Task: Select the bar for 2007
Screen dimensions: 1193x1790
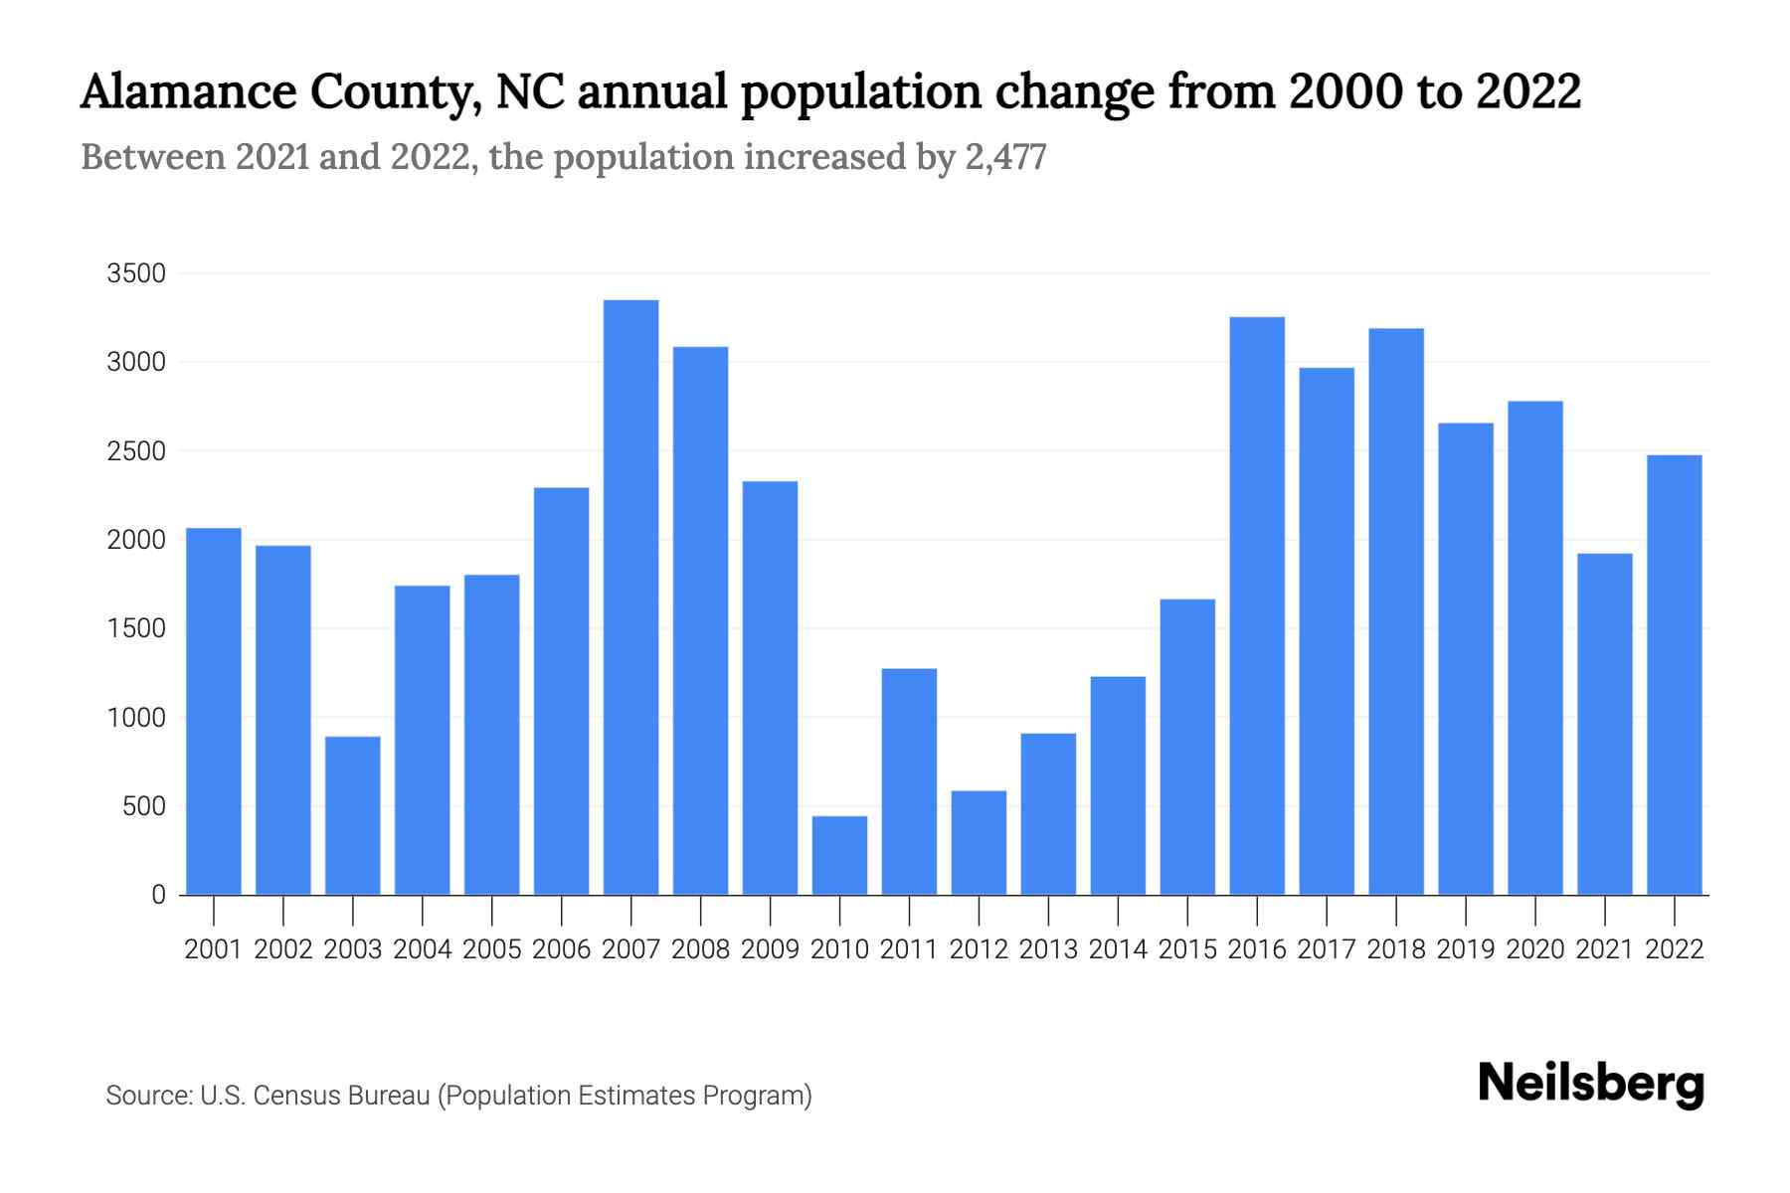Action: click(630, 596)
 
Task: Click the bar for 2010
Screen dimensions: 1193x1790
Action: click(839, 855)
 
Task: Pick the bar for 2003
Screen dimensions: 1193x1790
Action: click(353, 815)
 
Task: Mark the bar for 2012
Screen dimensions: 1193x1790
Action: click(979, 842)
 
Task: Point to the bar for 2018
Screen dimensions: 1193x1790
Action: click(1396, 610)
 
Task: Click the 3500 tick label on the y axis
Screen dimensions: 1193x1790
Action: click(136, 273)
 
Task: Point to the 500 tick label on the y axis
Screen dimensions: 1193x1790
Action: click(144, 806)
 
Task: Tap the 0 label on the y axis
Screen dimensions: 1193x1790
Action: click(158, 895)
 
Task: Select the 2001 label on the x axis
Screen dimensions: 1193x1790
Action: click(214, 949)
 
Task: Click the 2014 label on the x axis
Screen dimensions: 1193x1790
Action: click(1118, 949)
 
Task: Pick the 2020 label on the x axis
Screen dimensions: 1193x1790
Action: click(1535, 949)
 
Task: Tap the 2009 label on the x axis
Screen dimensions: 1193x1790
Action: click(770, 949)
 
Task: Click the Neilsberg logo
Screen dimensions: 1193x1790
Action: click(1591, 1084)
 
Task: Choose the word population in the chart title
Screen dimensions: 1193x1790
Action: click(860, 93)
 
